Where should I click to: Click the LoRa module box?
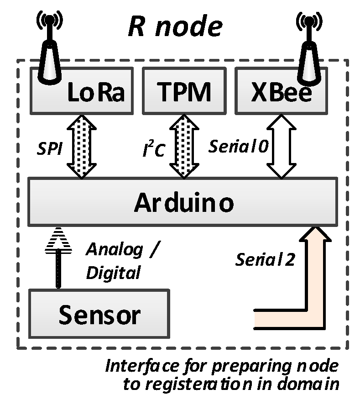click(x=82, y=91)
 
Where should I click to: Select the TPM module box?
click(x=184, y=91)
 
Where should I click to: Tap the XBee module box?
click(x=281, y=91)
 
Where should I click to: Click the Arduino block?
click(x=183, y=202)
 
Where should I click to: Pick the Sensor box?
click(x=99, y=314)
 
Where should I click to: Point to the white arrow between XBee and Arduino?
click(x=282, y=146)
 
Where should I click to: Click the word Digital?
click(x=113, y=273)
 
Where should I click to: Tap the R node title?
click(x=175, y=27)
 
